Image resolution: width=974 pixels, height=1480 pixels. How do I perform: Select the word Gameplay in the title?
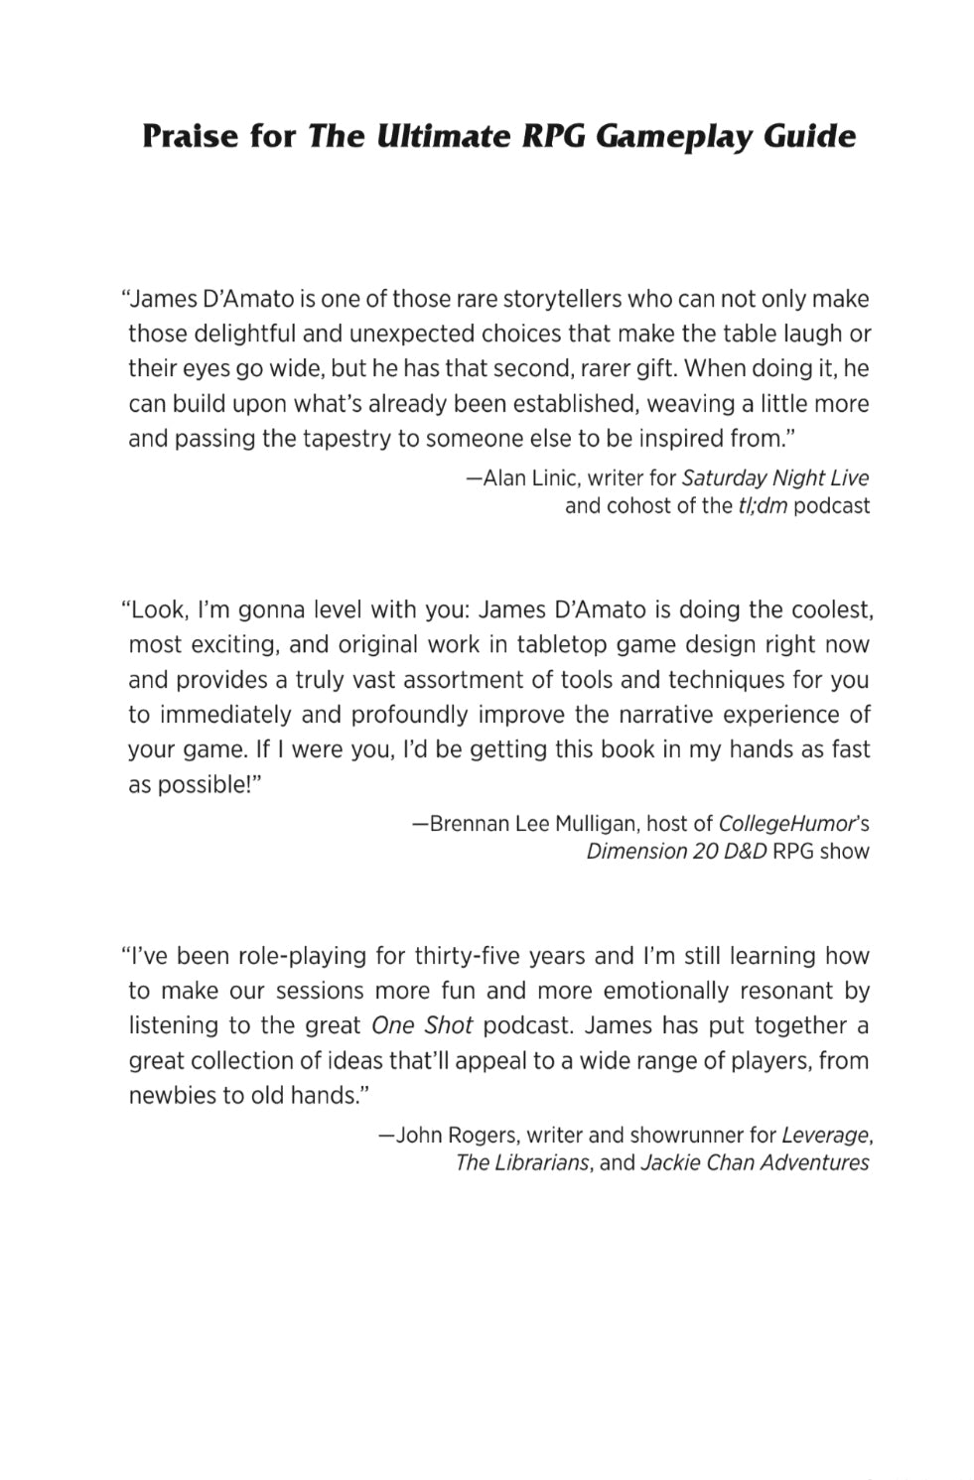[676, 136]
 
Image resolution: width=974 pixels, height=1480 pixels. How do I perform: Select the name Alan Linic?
[529, 478]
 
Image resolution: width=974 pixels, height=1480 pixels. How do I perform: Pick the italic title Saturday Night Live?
[775, 478]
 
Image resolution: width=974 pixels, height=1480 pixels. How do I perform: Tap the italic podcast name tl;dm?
[762, 505]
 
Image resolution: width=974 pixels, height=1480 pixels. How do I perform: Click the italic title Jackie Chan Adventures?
[755, 1162]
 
